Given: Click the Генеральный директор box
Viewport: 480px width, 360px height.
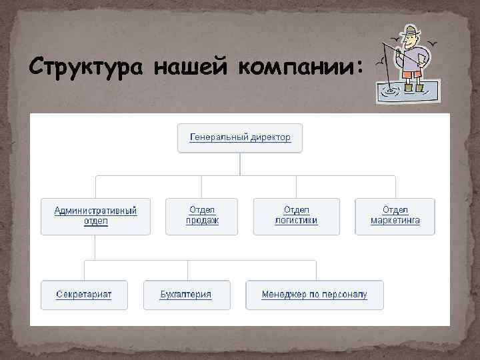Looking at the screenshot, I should (x=240, y=137).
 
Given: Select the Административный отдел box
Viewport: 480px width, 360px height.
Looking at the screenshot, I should (x=95, y=216).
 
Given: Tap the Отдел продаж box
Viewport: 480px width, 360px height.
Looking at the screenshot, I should (x=202, y=216).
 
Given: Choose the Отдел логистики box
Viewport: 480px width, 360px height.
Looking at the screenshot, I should (x=296, y=216).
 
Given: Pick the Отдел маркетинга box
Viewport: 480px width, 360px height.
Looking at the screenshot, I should (x=395, y=216).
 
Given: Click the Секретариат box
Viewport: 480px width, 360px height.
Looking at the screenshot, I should (x=84, y=295).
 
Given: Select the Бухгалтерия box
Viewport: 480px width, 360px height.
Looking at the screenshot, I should (x=187, y=295).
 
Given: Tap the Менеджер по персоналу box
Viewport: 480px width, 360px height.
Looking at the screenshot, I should (x=314, y=295).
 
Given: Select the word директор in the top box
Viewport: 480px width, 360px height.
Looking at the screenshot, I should (x=271, y=137).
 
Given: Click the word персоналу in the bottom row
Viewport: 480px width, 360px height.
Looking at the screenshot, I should (x=342, y=295).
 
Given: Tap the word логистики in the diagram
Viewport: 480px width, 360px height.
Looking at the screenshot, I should (x=296, y=221).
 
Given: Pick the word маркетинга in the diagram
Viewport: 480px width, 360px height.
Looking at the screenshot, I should (x=395, y=221).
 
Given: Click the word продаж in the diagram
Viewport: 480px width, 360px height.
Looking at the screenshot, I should (x=202, y=221).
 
